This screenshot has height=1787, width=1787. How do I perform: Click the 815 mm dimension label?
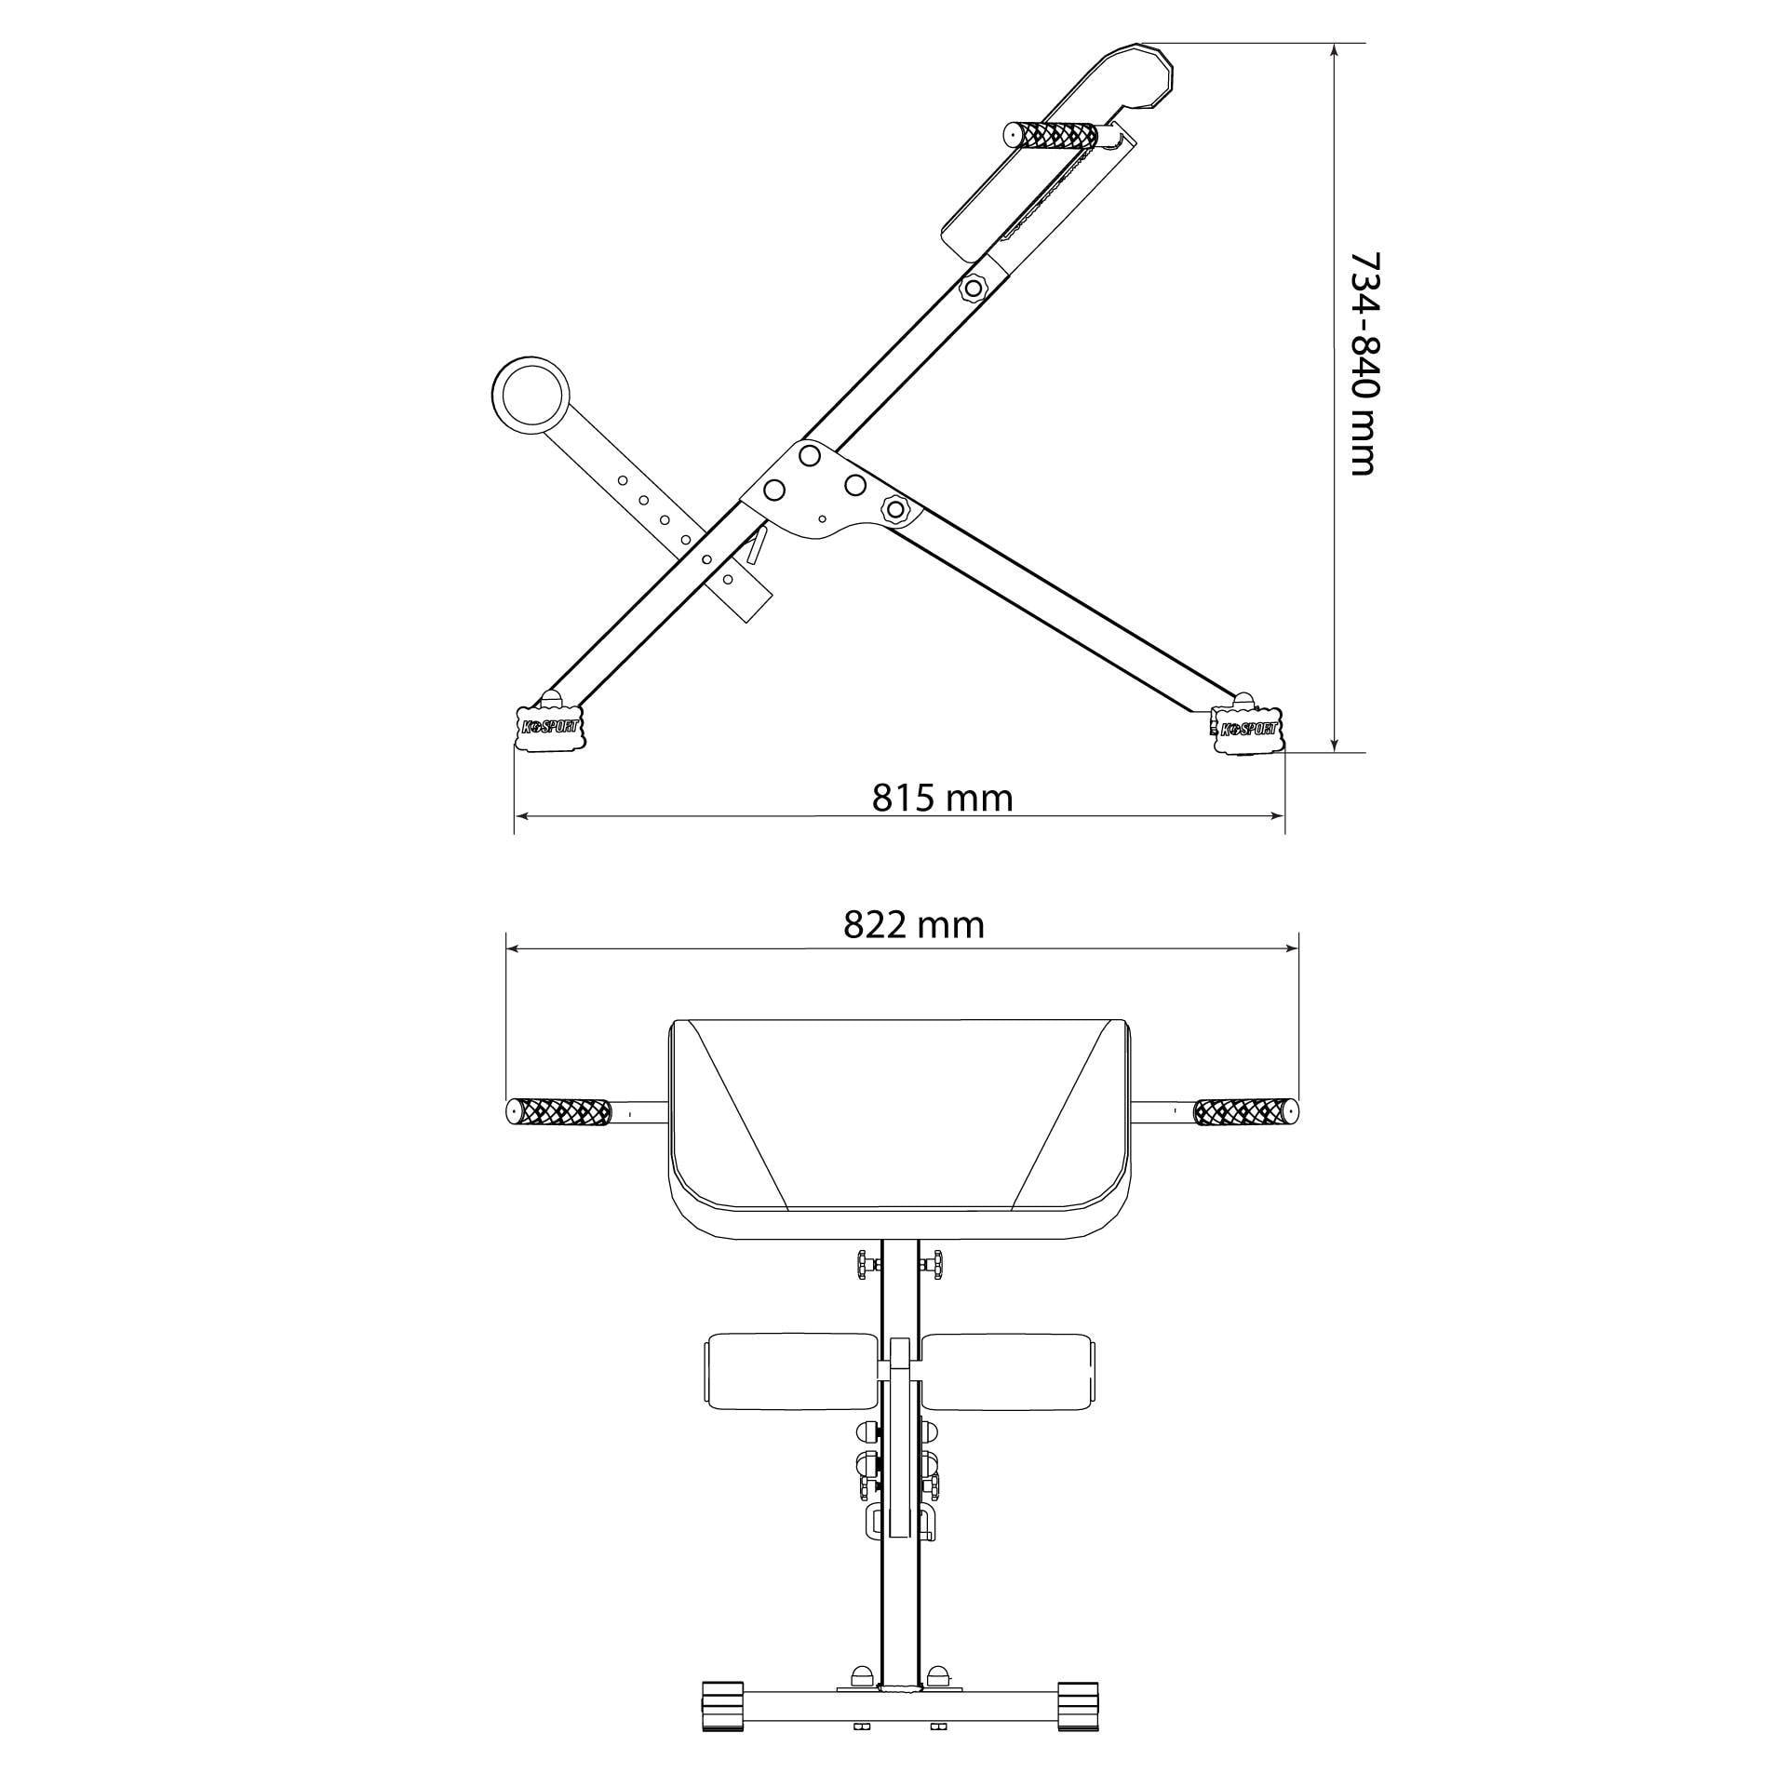(942, 798)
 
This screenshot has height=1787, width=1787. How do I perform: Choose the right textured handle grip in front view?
(1245, 1111)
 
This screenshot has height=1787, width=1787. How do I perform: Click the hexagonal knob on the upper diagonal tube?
(974, 288)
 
